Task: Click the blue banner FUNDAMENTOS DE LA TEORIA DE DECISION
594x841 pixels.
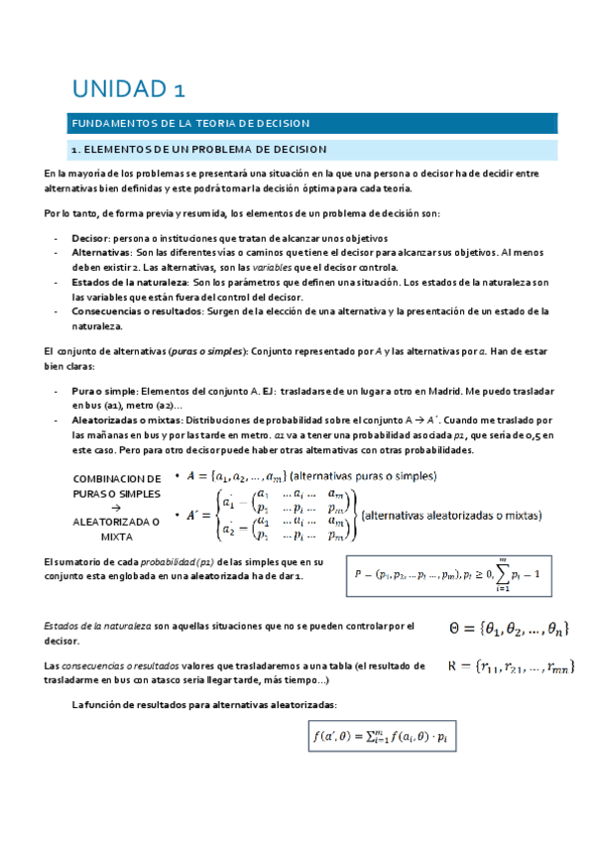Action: point(189,124)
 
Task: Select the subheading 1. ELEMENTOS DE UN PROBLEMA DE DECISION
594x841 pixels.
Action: point(198,149)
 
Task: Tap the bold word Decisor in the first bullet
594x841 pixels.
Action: point(90,238)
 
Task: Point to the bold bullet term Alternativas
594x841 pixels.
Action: point(102,253)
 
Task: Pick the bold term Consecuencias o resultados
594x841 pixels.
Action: point(134,310)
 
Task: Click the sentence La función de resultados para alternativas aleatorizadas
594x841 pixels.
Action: point(204,704)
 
